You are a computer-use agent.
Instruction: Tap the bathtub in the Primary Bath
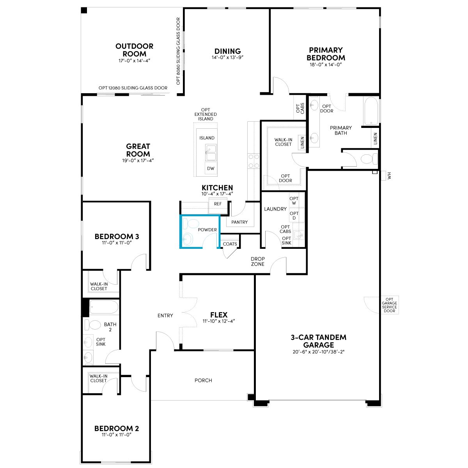pos(370,111)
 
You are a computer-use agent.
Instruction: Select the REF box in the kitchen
pos(218,204)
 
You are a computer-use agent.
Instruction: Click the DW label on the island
pos(211,168)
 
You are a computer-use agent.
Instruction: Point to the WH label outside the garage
pos(389,175)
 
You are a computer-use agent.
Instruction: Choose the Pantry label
pos(239,222)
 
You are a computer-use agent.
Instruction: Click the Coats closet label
pos(230,244)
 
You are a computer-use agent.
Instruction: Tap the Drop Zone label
pos(258,261)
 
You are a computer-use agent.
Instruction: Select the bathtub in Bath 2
pos(104,307)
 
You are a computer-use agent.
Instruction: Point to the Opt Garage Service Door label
pos(389,305)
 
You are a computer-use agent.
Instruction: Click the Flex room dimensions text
pos(218,321)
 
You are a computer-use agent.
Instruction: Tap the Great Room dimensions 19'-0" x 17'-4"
pos(138,161)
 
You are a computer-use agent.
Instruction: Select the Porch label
pos(203,380)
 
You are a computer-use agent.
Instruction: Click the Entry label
pos(165,316)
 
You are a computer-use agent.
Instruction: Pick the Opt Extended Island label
pos(206,114)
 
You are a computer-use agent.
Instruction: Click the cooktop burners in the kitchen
pos(254,161)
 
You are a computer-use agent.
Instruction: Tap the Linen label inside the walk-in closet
pos(302,142)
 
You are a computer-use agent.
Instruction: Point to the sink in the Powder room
pos(188,239)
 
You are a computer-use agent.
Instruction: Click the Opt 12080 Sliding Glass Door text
pos(133,88)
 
